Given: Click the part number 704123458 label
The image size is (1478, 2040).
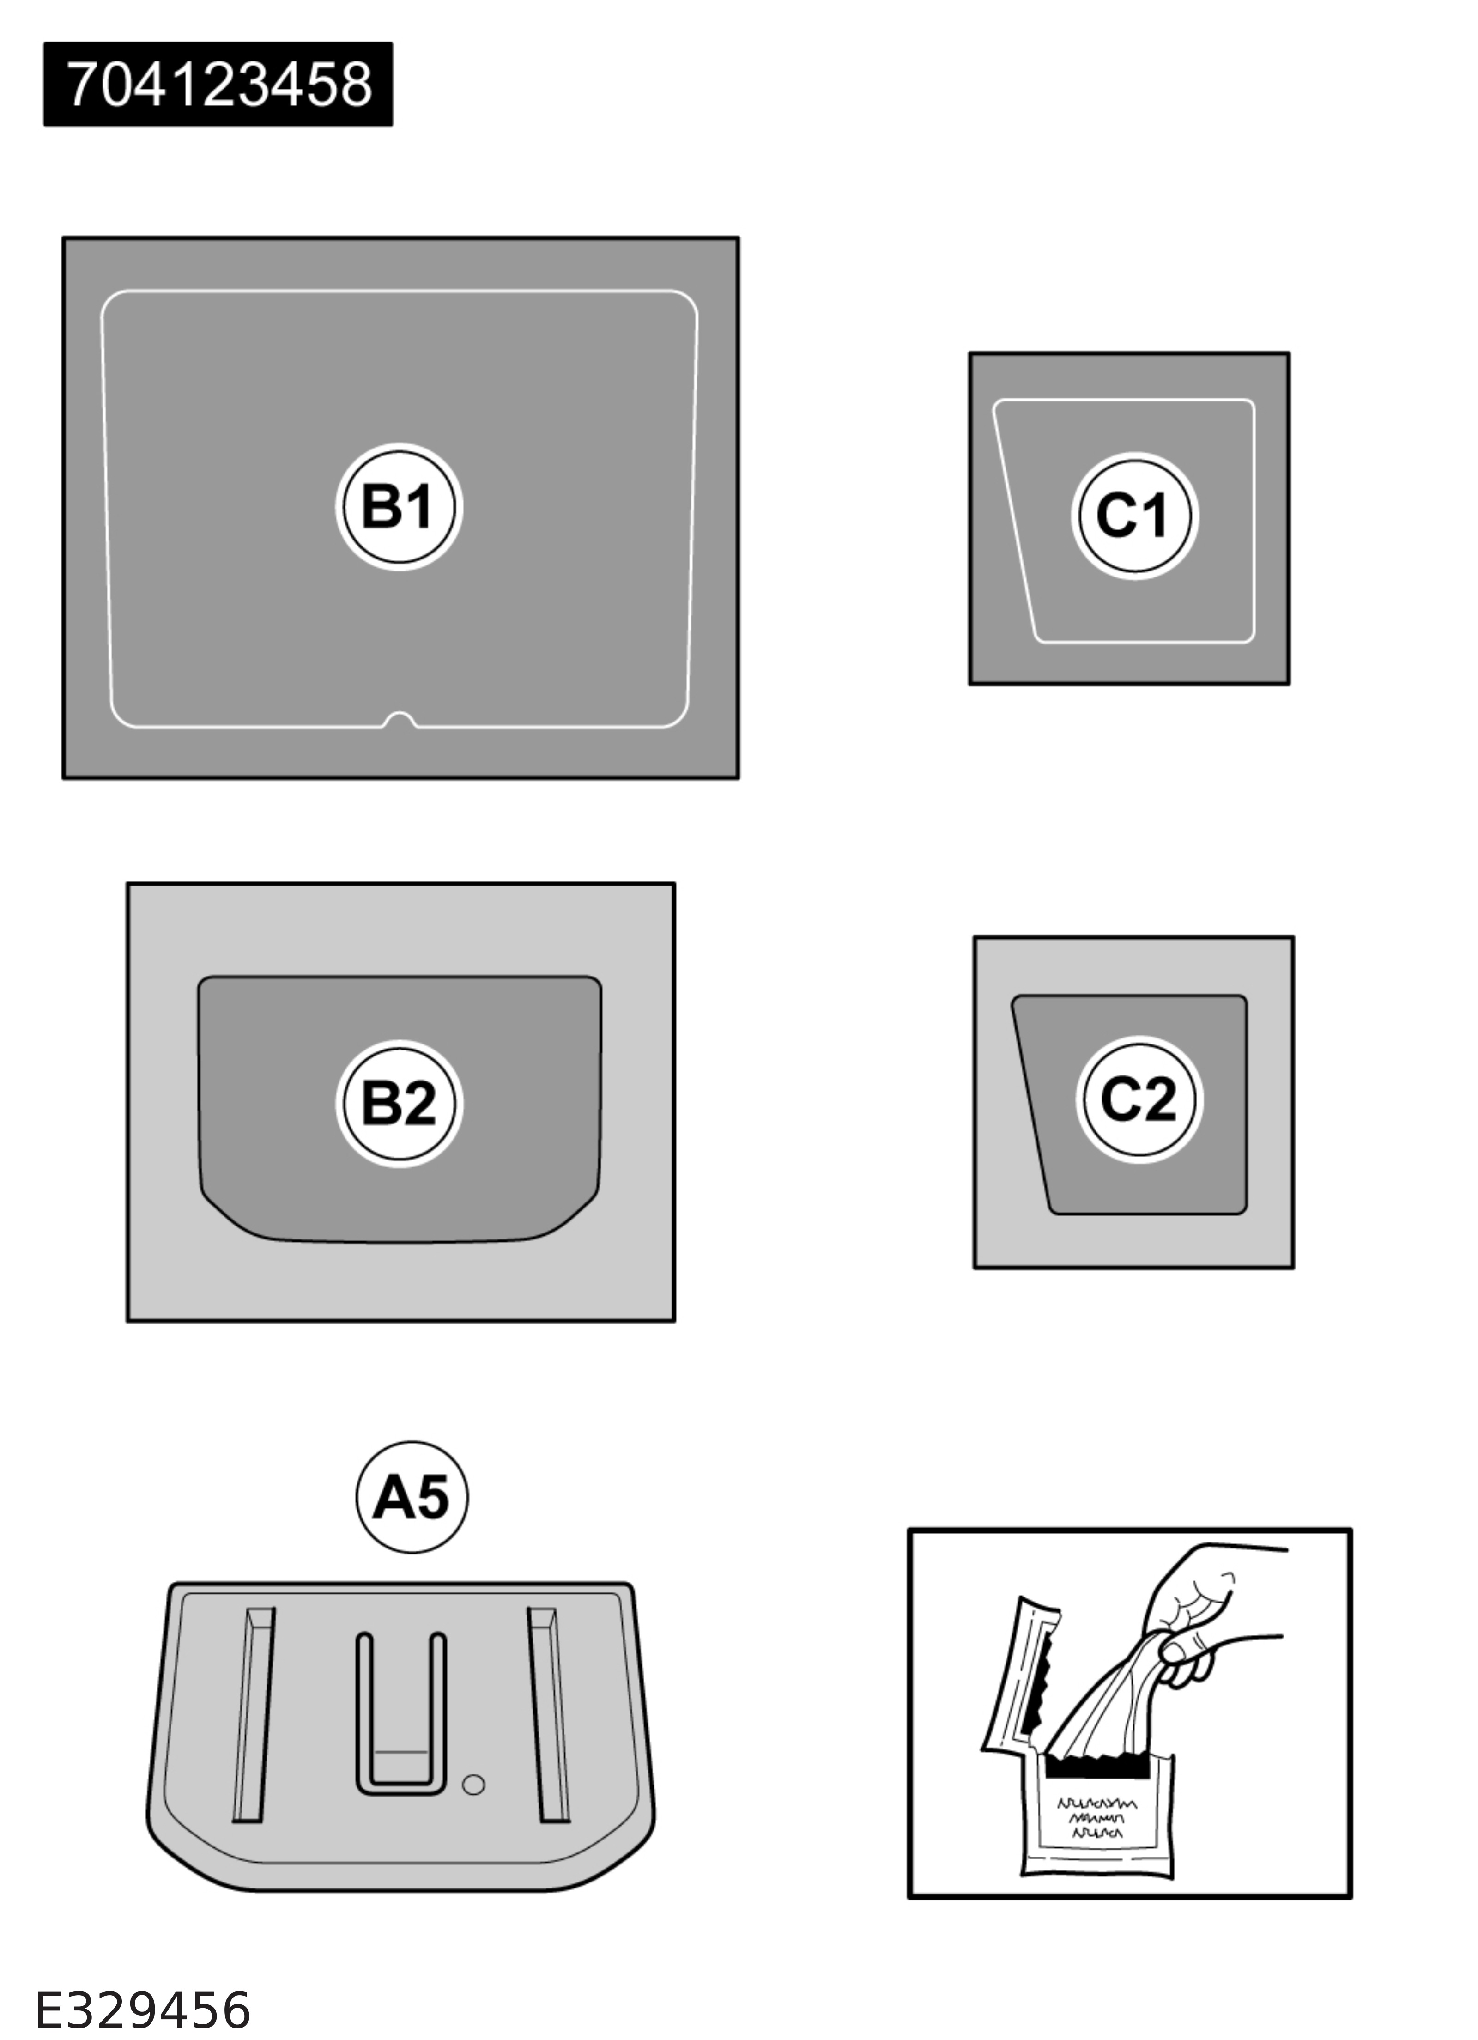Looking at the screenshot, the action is point(218,84).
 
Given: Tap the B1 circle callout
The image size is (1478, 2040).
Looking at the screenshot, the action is point(400,506).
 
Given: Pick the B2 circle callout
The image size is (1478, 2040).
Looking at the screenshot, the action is point(400,1104).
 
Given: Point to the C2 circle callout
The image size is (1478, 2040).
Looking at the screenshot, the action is point(1139,1099).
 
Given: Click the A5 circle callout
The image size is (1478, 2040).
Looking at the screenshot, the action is point(412,1498).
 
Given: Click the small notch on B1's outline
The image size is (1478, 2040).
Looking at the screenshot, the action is point(400,720).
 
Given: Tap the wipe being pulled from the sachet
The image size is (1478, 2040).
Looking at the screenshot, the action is point(1107,1691).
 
